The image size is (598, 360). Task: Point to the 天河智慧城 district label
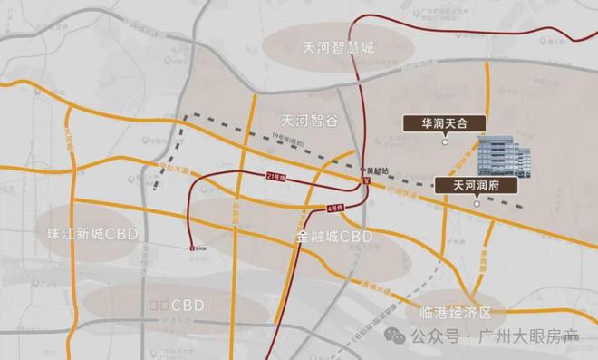coord(339,49)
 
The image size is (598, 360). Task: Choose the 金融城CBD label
coord(334,236)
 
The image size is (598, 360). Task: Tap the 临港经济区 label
coord(456,312)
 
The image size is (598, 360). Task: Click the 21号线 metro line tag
coord(275,175)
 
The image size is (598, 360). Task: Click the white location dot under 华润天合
coord(444,141)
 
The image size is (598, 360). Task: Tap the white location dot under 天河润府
coord(477,203)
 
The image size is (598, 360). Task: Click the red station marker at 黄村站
coord(366,180)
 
